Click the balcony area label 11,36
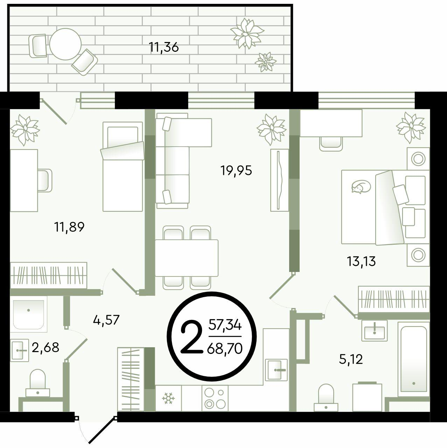click(x=164, y=47)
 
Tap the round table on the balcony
click(x=65, y=44)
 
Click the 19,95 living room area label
click(x=236, y=171)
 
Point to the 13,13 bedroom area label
click(x=361, y=261)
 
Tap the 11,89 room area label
click(x=69, y=227)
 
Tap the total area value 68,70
click(x=225, y=349)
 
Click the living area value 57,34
click(x=225, y=325)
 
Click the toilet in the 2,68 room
click(x=38, y=383)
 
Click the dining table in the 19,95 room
click(x=187, y=258)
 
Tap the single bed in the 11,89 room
click(x=123, y=167)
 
